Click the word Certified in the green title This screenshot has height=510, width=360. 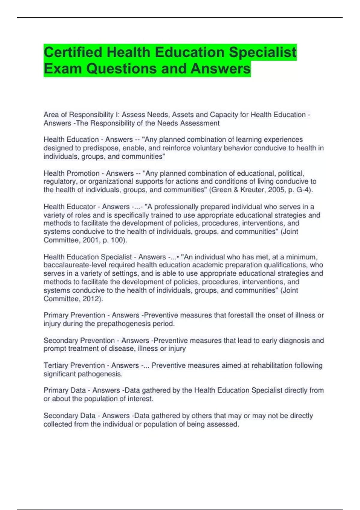coord(73,52)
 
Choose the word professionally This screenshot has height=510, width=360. coord(179,207)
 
